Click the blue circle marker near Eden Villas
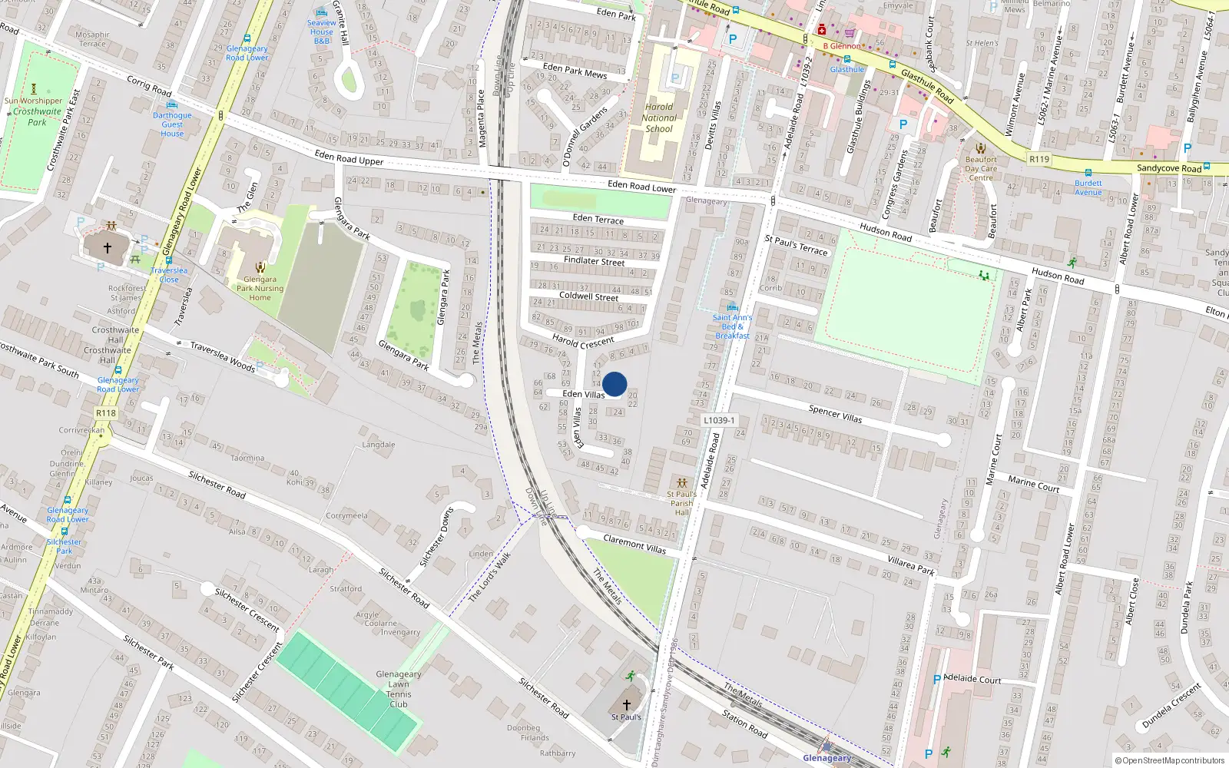(614, 384)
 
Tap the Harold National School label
(659, 118)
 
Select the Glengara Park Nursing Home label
(260, 289)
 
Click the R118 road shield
(106, 413)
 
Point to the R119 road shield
(1039, 159)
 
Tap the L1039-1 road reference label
(719, 420)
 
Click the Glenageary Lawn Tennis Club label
(399, 689)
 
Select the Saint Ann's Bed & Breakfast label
(732, 326)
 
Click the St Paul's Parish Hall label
(681, 503)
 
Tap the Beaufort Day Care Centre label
(981, 169)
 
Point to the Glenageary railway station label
(827, 758)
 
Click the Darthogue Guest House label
(172, 124)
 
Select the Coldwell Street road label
(588, 296)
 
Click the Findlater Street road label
(594, 261)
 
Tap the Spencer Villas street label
(835, 414)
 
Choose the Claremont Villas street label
(634, 544)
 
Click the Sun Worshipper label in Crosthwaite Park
(33, 101)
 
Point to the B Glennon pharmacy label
(842, 46)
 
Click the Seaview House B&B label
(321, 31)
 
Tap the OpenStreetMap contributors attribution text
(1173, 761)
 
